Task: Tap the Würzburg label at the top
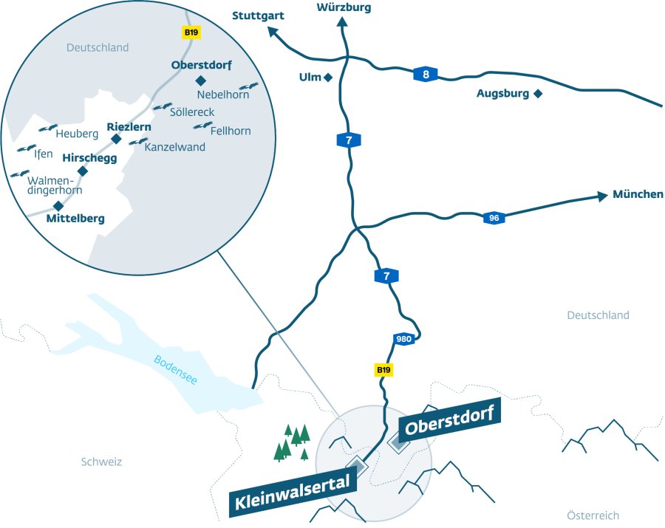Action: click(x=343, y=7)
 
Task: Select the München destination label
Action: click(x=638, y=195)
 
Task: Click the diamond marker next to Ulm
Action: click(x=329, y=77)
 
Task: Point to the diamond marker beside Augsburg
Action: click(x=538, y=93)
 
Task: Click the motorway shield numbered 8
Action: click(x=425, y=73)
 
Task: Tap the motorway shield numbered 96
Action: click(x=494, y=218)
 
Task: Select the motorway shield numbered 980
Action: click(x=403, y=339)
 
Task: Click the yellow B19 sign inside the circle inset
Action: click(x=191, y=33)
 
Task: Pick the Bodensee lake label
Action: click(x=175, y=370)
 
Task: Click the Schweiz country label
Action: click(x=101, y=462)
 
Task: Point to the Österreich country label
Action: click(x=593, y=515)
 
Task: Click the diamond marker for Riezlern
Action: click(x=116, y=138)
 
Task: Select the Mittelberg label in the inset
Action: click(x=75, y=219)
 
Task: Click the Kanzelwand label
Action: click(x=175, y=147)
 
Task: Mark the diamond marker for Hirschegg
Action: click(x=83, y=171)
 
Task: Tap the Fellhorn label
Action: click(x=231, y=131)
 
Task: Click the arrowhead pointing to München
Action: click(x=601, y=196)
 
